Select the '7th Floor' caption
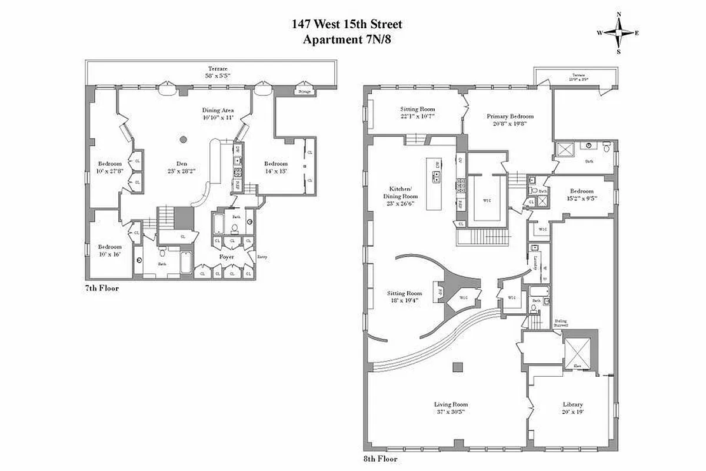pyautogui.click(x=102, y=288)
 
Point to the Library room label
pyautogui.click(x=572, y=404)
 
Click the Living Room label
pyautogui.click(x=451, y=404)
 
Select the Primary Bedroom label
pyautogui.click(x=509, y=116)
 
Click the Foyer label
pyautogui.click(x=227, y=257)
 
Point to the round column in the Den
pyautogui.click(x=184, y=140)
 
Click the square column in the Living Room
pyautogui.click(x=457, y=367)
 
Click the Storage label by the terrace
pyautogui.click(x=305, y=92)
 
